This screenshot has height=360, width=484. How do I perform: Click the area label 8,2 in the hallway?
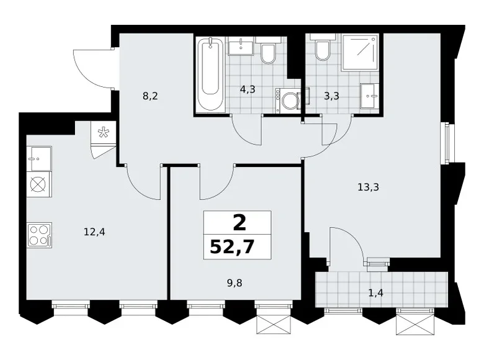[150, 96]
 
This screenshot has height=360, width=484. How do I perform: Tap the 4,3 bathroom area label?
[248, 89]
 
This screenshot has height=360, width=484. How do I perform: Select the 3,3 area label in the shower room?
[331, 96]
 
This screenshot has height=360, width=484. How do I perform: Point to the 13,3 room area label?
[368, 187]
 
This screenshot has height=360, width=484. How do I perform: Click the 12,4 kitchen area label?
[94, 232]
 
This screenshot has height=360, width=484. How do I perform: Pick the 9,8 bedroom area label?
[235, 283]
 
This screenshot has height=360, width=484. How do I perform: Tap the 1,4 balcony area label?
[375, 292]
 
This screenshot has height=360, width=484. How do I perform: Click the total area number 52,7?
[232, 246]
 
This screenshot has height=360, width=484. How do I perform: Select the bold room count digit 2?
[240, 223]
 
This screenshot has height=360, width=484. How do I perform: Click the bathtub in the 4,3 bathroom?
[210, 74]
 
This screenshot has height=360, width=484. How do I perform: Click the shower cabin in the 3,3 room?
[361, 53]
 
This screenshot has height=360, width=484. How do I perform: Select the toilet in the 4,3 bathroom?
[268, 50]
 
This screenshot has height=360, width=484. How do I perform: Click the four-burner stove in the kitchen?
[40, 235]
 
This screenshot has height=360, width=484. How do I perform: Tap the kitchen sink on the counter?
[39, 159]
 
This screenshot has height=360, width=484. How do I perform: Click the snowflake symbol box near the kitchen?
[104, 132]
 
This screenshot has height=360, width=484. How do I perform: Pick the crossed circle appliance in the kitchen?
[39, 184]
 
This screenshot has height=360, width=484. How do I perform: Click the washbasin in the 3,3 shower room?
[369, 96]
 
